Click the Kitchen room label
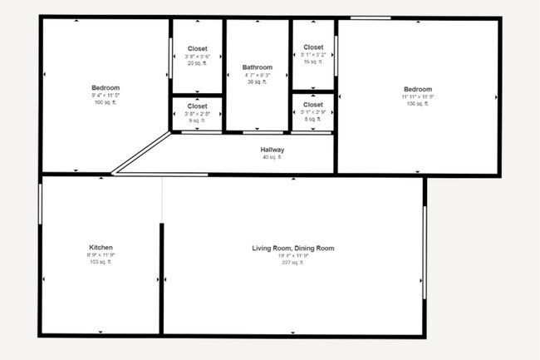101,248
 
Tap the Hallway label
272,150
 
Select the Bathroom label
258,67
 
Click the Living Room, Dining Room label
293,248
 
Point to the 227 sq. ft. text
293,262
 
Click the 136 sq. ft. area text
418,104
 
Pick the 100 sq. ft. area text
106,103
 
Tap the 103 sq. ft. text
101,262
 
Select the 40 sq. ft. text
272,157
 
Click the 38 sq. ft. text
258,82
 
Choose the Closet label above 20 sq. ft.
197,49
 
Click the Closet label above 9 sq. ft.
197,106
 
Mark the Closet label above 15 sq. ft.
313,47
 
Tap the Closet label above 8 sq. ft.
313,105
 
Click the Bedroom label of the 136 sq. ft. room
418,89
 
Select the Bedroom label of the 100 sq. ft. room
106,88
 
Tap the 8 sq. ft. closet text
313,119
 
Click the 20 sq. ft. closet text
197,63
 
